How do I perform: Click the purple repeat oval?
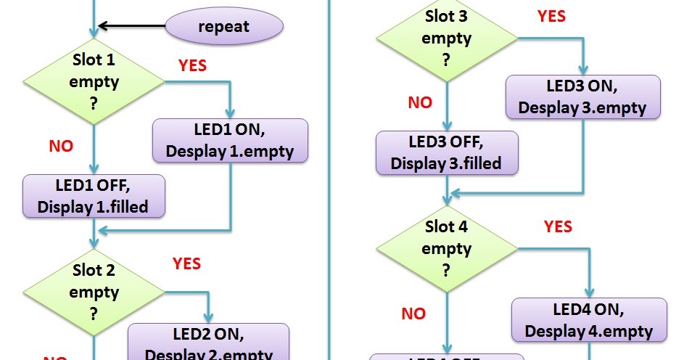click(224, 27)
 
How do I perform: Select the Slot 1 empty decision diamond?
click(94, 81)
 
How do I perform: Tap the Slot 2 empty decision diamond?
click(94, 292)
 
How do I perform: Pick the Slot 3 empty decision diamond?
click(446, 38)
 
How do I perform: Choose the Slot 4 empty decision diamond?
click(446, 248)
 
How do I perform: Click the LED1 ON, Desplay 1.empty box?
click(231, 140)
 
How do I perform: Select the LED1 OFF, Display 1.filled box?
click(94, 195)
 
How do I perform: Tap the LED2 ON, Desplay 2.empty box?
click(209, 343)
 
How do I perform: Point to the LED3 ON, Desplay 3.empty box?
click(582, 97)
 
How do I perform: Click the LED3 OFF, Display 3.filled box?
click(447, 152)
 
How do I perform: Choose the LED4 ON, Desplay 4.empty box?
click(589, 320)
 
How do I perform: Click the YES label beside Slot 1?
click(192, 66)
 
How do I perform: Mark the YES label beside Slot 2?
click(186, 263)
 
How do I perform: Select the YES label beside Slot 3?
click(551, 16)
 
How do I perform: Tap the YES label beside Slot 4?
click(558, 227)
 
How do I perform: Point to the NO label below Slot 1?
click(61, 147)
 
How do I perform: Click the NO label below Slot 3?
click(420, 102)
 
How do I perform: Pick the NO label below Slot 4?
click(413, 314)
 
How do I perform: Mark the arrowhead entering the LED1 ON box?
click(230, 114)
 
